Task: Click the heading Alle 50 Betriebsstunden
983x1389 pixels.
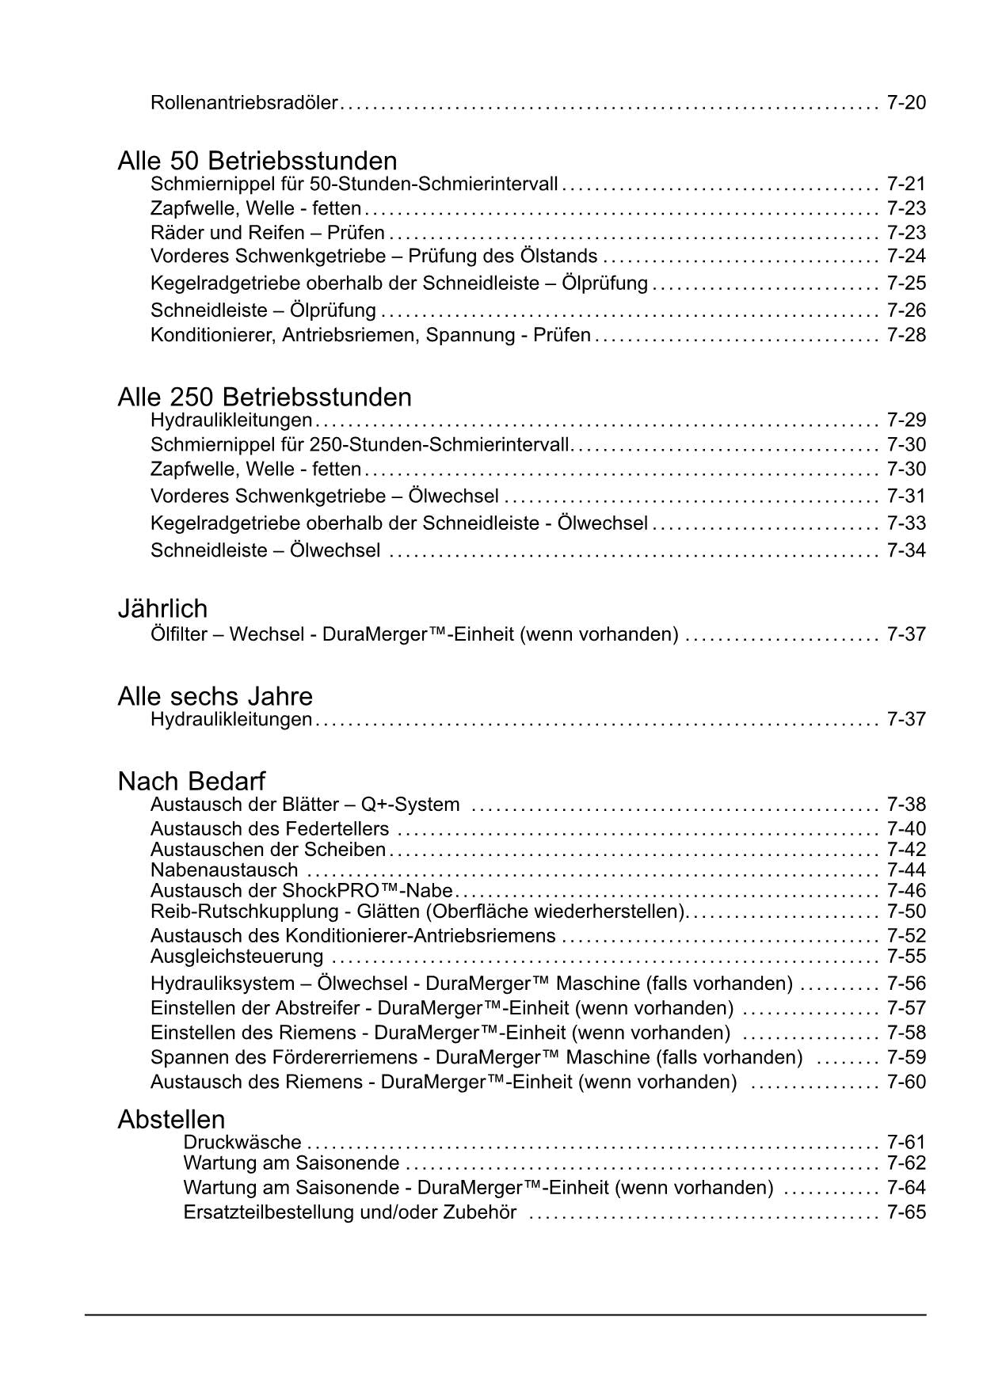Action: coord(257,161)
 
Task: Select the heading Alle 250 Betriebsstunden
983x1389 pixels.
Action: coord(265,397)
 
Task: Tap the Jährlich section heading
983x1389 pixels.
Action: coord(162,608)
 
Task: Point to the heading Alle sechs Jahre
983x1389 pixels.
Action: coord(215,696)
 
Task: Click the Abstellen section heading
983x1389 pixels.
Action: coord(171,1119)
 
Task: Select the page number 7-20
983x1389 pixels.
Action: coord(906,103)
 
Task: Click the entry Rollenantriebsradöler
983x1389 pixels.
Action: coord(244,103)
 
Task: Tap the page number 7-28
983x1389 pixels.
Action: coord(906,335)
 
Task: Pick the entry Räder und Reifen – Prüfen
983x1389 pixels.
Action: coord(268,233)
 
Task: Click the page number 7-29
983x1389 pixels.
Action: coord(906,420)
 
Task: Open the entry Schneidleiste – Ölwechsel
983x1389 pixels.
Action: coord(265,550)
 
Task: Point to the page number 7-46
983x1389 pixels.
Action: coord(906,890)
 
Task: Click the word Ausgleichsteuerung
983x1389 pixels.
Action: coord(237,957)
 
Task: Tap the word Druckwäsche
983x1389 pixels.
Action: coord(242,1142)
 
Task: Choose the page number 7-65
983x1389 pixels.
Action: coord(906,1212)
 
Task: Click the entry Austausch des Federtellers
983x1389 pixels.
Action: coord(270,829)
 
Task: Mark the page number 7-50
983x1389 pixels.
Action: coord(906,911)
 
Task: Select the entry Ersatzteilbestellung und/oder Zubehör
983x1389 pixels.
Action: coord(350,1212)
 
